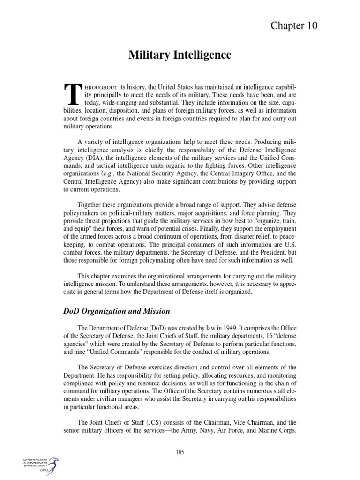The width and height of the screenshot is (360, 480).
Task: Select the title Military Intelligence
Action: (180, 55)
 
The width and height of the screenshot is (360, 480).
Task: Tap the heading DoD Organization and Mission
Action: (116, 311)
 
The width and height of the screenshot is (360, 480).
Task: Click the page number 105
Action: (180, 452)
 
